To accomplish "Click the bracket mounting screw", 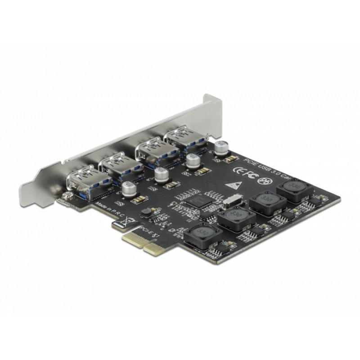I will click(x=67, y=196).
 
